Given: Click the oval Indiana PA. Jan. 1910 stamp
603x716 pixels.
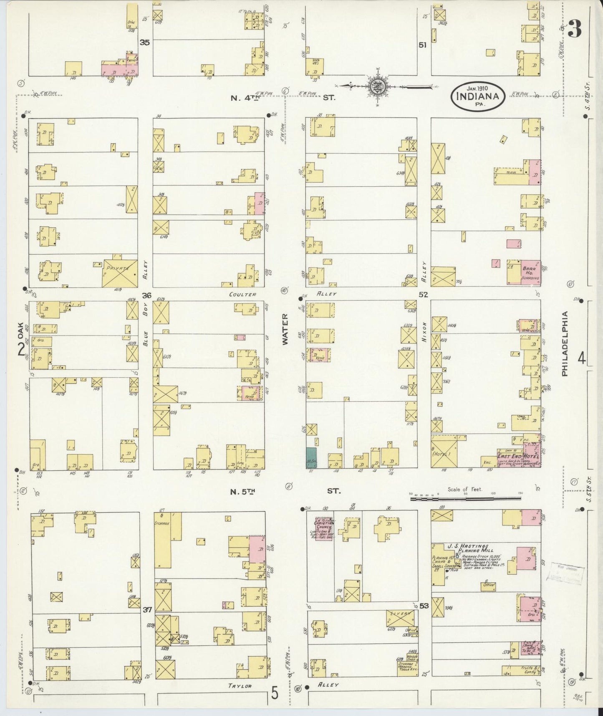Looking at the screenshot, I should click(x=478, y=96).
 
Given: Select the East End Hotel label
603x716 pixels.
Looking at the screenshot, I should click(x=517, y=456).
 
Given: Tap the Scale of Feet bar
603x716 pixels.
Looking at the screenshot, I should click(x=466, y=498).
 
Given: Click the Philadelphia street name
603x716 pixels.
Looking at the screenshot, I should click(x=565, y=344).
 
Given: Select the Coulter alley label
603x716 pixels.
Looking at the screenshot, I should click(x=242, y=294).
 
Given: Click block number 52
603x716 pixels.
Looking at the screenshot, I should click(x=423, y=295).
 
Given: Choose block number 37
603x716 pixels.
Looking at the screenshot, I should click(x=146, y=609).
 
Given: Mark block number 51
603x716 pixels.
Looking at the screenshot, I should click(x=423, y=45).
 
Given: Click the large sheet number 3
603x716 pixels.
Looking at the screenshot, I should click(x=575, y=30).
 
